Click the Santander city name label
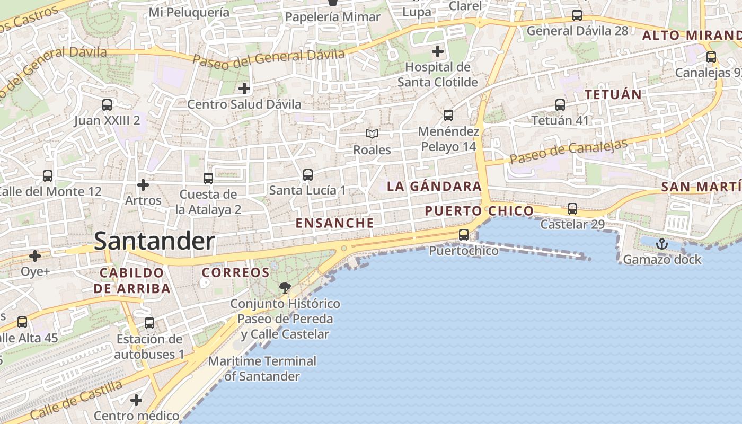[x=154, y=242]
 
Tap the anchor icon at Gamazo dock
[x=661, y=244]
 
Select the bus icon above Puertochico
[x=464, y=234]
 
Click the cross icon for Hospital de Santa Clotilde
[x=437, y=51]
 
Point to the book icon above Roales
[x=372, y=134]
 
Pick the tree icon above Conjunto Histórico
[x=285, y=288]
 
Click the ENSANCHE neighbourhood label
[x=334, y=223]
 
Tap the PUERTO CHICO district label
[x=479, y=211]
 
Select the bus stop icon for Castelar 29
[x=572, y=209]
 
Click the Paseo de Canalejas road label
[x=569, y=152]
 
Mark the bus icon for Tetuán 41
[x=560, y=105]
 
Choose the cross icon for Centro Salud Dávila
[x=244, y=88]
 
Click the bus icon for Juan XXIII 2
[x=107, y=105]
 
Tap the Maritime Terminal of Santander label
[x=262, y=369]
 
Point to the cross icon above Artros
[x=143, y=185]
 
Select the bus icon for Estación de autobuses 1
[x=149, y=323]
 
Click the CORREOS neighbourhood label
[x=236, y=272]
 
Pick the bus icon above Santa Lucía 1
[x=307, y=174]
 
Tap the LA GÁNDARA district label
[x=434, y=187]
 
